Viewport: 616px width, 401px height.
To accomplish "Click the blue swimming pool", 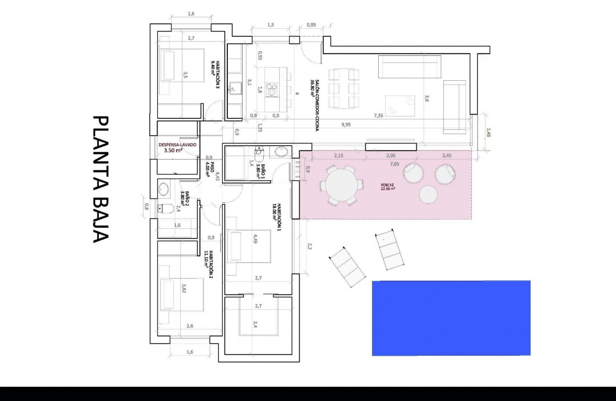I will coord(451,318).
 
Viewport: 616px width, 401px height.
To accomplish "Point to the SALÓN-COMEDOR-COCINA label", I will coord(313,88).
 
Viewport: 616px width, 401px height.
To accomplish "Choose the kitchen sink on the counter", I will coord(234,87).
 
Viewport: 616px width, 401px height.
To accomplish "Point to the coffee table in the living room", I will coord(400,105).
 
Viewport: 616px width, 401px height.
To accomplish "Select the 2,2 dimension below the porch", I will coord(309,246).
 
